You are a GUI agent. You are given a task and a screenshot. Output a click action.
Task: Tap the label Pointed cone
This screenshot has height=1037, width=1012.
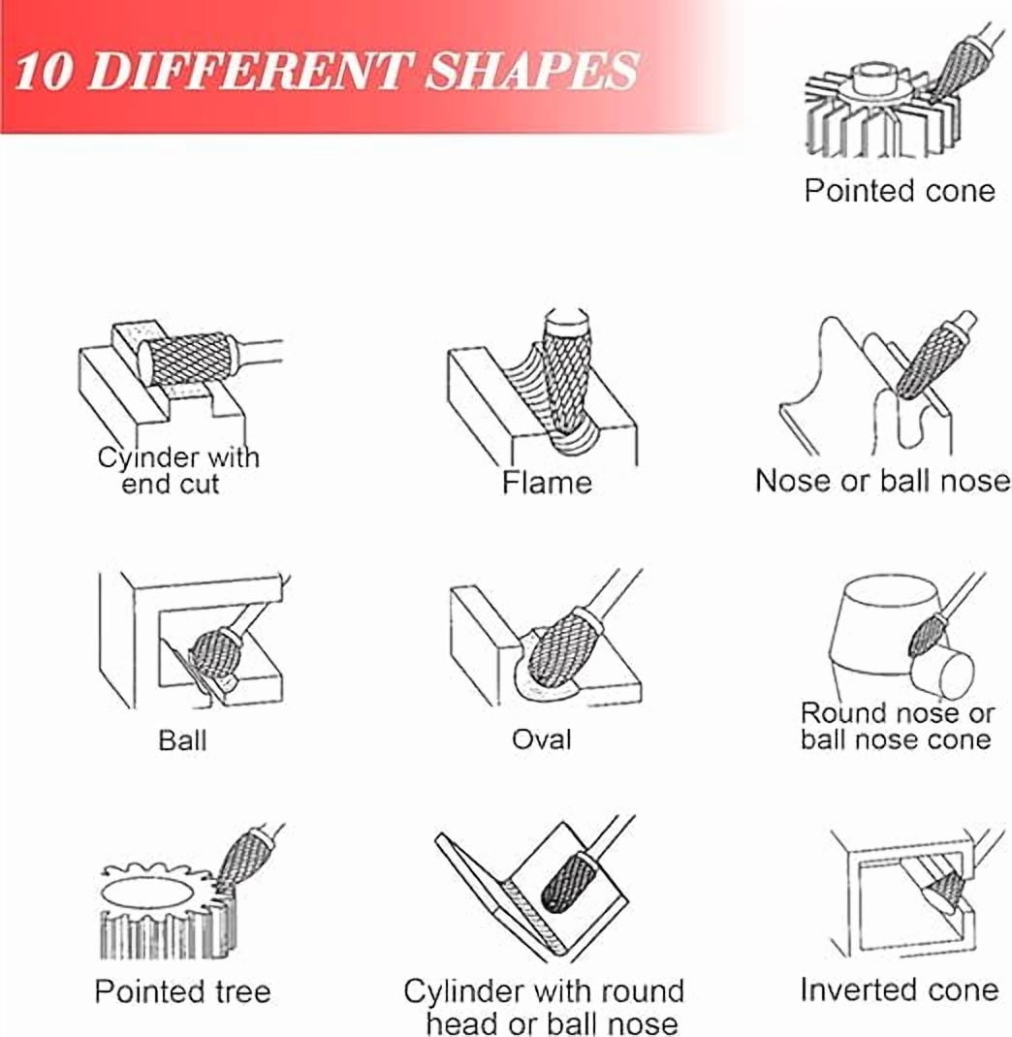tap(900, 191)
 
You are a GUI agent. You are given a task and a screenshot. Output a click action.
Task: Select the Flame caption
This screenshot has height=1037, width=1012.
tap(547, 482)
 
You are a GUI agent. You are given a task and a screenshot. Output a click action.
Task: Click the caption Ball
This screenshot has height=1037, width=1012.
tap(182, 740)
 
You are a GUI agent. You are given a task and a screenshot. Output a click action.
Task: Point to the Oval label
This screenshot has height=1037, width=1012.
tap(542, 739)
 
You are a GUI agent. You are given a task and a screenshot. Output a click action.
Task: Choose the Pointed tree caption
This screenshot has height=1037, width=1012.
tap(182, 992)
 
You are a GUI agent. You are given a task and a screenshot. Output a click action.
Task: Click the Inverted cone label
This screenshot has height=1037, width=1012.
tap(899, 990)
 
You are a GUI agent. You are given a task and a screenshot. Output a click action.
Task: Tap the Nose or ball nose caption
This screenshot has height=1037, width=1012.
tap(883, 481)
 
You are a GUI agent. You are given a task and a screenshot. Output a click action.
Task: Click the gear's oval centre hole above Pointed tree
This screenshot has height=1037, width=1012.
tap(149, 894)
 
